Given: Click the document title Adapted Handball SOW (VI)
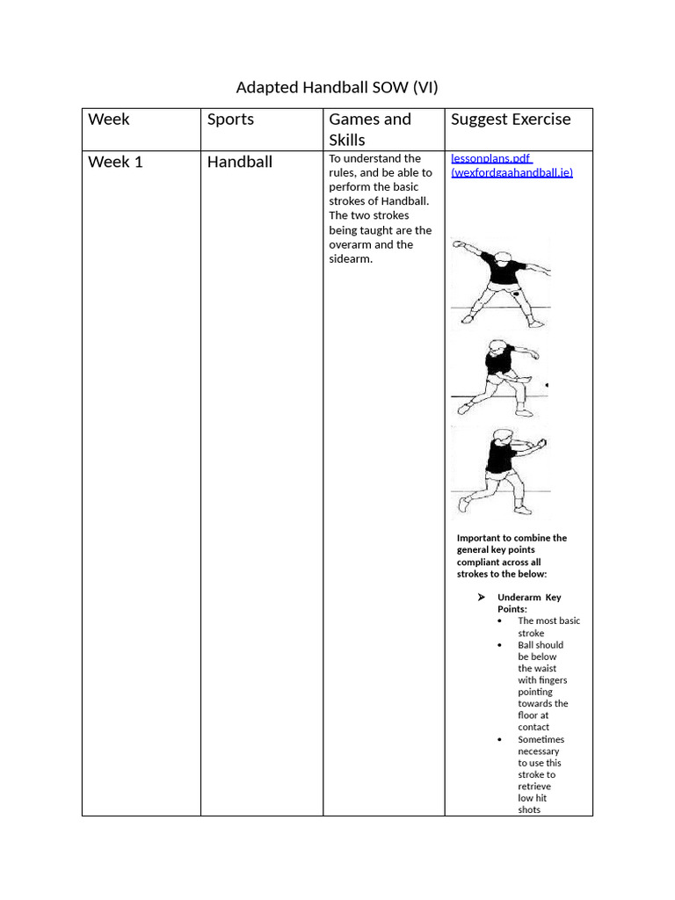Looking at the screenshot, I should pyautogui.click(x=337, y=88).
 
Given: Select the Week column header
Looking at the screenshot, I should pyautogui.click(x=109, y=120).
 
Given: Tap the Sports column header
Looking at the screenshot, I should pyautogui.click(x=230, y=120).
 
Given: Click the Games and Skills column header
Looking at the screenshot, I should pyautogui.click(x=369, y=129).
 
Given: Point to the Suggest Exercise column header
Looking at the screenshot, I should pyautogui.click(x=511, y=120).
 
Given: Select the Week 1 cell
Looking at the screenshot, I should pyautogui.click(x=115, y=162).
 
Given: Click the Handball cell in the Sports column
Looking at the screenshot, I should pyautogui.click(x=240, y=162).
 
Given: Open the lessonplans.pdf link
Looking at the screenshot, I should pyautogui.click(x=491, y=158).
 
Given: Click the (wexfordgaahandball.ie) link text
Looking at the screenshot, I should pyautogui.click(x=512, y=172).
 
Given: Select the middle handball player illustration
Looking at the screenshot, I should pyautogui.click(x=498, y=377).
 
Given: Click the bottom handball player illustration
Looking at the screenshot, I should pyautogui.click(x=499, y=469).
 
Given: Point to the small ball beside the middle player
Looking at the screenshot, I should pyautogui.click(x=547, y=385).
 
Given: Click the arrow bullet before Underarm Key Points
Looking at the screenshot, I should pyautogui.click(x=481, y=598).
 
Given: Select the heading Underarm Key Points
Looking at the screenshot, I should pyautogui.click(x=528, y=603).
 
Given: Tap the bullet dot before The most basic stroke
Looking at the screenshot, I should pyautogui.click(x=499, y=621).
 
